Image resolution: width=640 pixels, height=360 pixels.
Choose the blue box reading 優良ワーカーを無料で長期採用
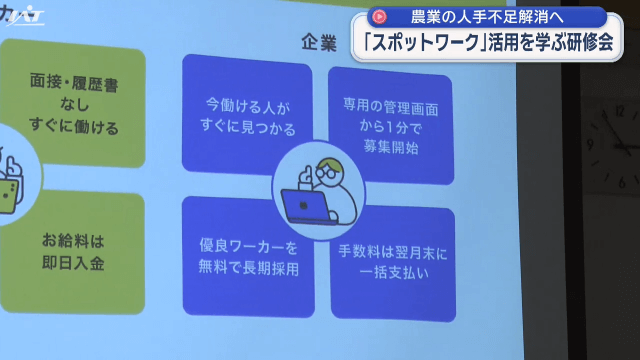[x=246, y=257]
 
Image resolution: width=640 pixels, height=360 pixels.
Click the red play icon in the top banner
[x=380, y=17]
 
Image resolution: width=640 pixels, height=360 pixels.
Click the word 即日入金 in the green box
[x=74, y=264]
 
